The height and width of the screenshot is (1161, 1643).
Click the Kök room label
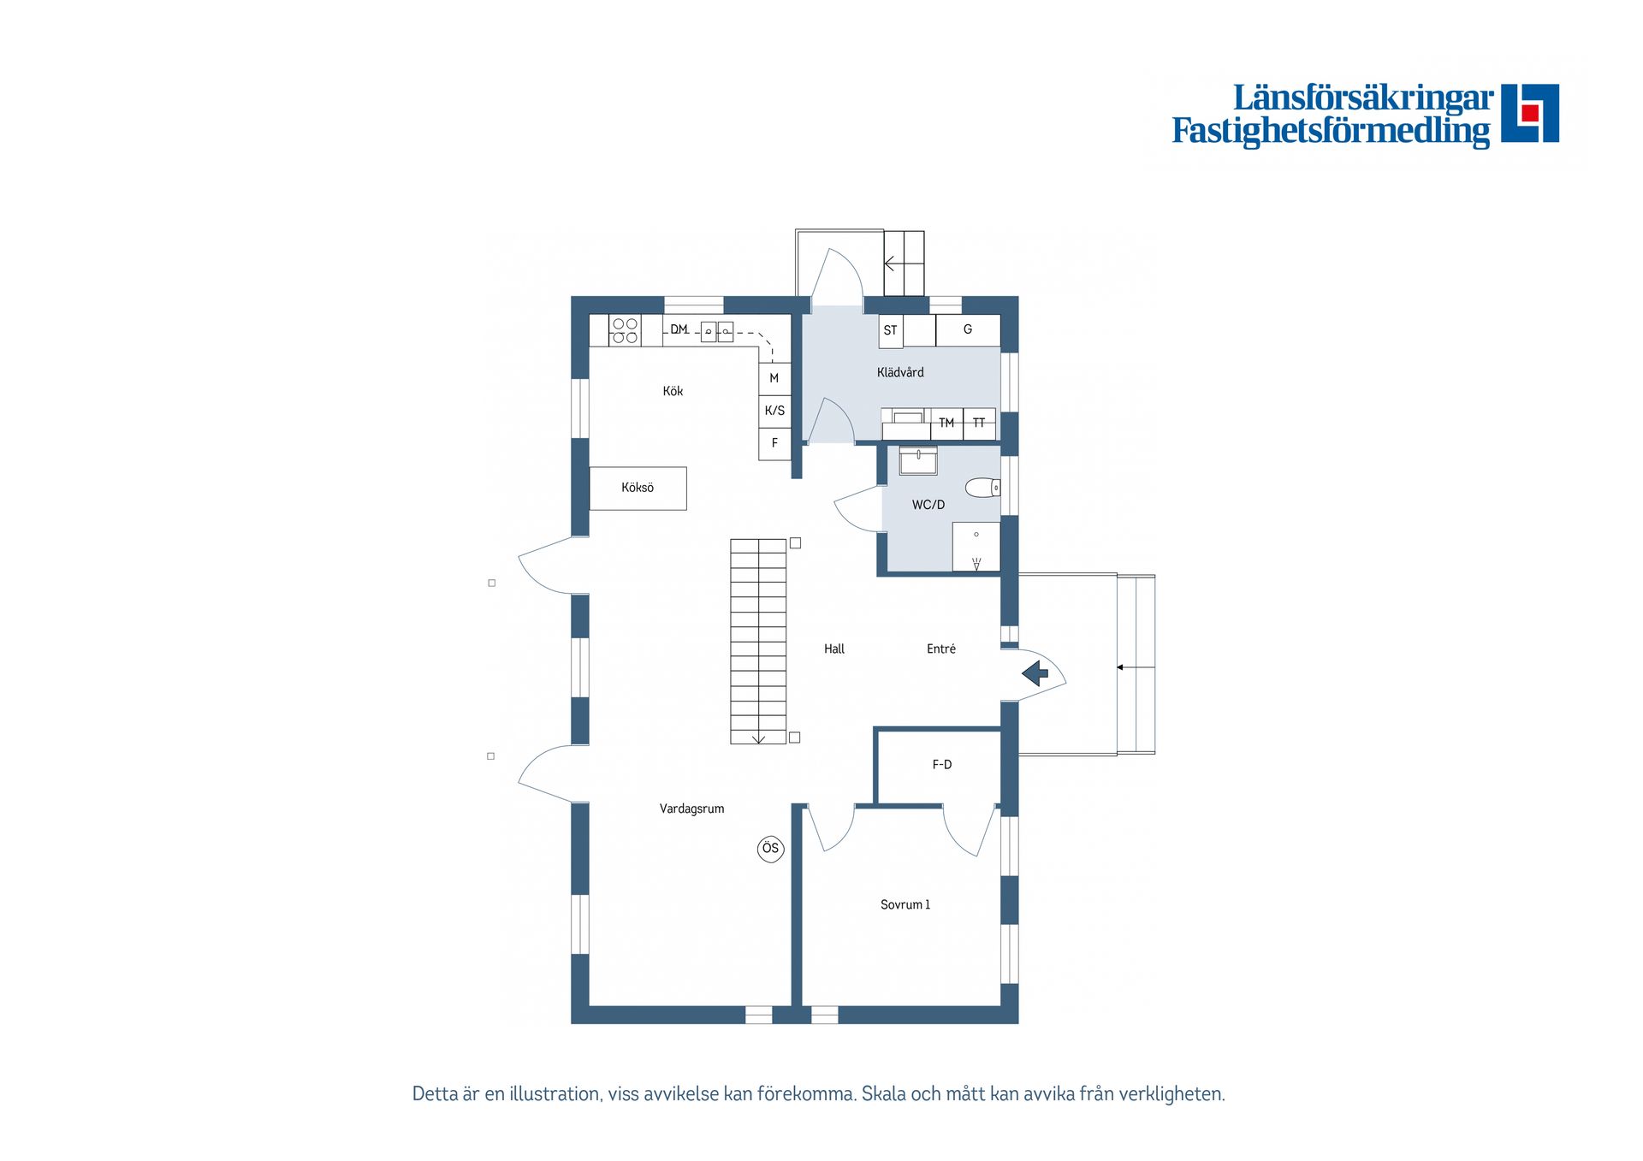[x=673, y=391]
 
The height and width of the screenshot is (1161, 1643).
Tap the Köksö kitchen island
[x=638, y=488]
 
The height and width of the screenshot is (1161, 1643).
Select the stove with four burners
[x=625, y=330]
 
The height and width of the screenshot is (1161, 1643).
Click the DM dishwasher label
[x=679, y=329]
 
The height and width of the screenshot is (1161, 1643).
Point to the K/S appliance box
[x=774, y=411]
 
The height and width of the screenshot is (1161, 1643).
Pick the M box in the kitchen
[x=774, y=378]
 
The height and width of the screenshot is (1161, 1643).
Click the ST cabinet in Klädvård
[x=891, y=330]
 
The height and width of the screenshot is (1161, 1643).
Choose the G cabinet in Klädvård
[x=968, y=330]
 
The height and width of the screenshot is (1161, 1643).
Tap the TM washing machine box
[x=946, y=424]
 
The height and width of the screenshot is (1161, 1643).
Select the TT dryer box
[x=979, y=424]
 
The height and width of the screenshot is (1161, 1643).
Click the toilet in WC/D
[x=982, y=488]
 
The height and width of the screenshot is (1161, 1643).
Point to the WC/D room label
[x=928, y=505]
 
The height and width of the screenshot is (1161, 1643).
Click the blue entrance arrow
[x=1035, y=673]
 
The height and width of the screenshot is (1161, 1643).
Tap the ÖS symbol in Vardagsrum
[x=770, y=849]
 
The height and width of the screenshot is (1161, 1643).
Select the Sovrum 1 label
[x=905, y=904]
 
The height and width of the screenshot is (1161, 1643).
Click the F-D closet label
[x=942, y=765]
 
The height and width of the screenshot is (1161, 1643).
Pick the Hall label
[x=834, y=649]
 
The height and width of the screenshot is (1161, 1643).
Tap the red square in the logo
[x=1530, y=113]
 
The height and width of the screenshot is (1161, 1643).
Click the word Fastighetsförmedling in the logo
[x=1331, y=131]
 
